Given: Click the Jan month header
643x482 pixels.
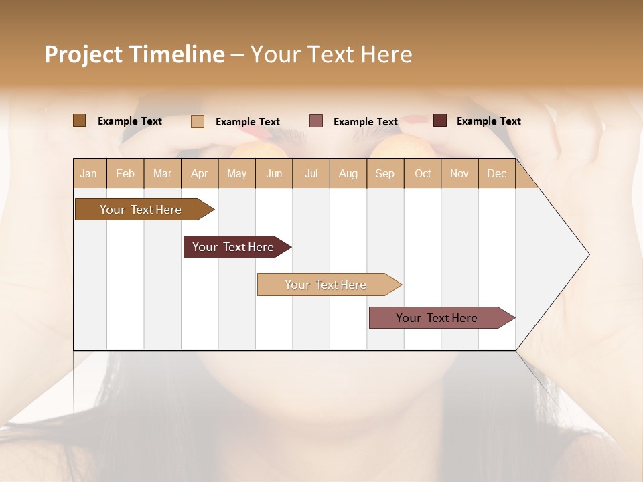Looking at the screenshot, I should coord(88,173).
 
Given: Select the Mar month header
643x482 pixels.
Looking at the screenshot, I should coord(162,173).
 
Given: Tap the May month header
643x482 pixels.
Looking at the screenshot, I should coord(236,173).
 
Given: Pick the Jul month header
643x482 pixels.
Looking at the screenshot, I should coord(311,173).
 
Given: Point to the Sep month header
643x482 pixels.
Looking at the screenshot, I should coord(384,173).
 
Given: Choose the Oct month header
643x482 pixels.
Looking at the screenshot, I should coord(423,173).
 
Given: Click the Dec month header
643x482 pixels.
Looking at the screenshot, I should coord(496,173).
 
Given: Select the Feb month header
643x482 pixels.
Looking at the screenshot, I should coord(125,173).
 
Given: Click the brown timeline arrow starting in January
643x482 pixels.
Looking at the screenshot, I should coord(141,210).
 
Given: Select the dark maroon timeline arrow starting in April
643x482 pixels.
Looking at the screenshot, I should coord(233,247).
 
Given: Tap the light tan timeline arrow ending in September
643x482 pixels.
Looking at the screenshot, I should coord(326,285).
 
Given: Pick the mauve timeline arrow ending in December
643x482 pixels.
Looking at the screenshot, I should coord(437,318).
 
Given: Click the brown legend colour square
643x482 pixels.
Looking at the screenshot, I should coord(79,120).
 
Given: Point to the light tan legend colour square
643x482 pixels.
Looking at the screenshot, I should coord(197,121).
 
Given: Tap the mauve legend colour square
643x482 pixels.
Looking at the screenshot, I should coord(316,121).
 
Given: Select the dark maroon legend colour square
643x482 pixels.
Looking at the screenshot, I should coord(439,120).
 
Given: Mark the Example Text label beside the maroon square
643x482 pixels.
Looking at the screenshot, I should coord(488,120).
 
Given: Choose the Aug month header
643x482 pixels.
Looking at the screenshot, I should coord(348,173).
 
